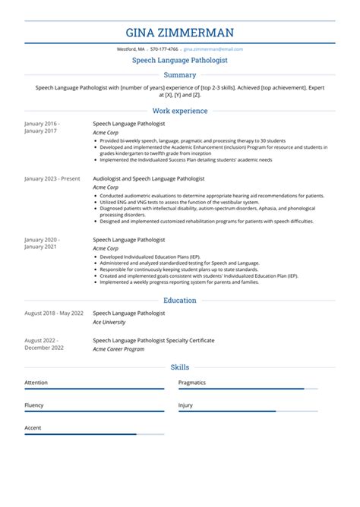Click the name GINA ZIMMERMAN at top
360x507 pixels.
click(x=179, y=33)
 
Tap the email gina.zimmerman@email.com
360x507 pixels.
click(x=213, y=49)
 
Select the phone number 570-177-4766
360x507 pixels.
click(x=165, y=49)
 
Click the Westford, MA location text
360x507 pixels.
click(x=131, y=49)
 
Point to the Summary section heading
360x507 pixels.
click(x=179, y=75)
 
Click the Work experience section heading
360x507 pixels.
click(x=179, y=111)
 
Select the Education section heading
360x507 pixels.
click(x=179, y=301)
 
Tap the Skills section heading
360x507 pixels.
click(x=179, y=367)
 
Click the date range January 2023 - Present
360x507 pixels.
click(x=52, y=178)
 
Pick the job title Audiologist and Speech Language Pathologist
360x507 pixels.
click(x=148, y=178)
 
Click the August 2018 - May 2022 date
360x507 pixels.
click(x=53, y=313)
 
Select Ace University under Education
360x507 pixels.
click(x=110, y=322)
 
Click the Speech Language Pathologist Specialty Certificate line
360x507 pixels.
click(x=153, y=339)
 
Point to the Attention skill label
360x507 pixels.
click(x=36, y=383)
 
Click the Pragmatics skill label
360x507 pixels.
click(x=192, y=383)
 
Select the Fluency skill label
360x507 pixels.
click(x=34, y=405)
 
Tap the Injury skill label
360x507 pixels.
click(x=185, y=405)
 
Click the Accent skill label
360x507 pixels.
click(x=33, y=428)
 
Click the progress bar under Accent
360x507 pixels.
click(x=94, y=435)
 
